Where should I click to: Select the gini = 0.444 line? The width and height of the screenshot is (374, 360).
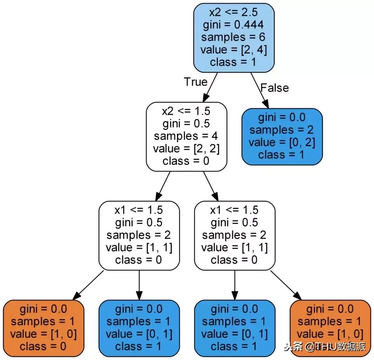[x=234, y=25]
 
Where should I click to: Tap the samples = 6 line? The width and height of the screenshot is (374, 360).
[x=234, y=37]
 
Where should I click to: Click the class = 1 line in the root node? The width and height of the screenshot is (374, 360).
[x=234, y=62]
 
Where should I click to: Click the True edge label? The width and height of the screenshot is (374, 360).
[x=195, y=82]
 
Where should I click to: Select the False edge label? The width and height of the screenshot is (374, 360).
[x=274, y=88]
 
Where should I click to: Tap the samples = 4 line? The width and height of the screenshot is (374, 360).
[x=186, y=136]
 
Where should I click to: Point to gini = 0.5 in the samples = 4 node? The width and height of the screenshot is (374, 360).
[x=186, y=123]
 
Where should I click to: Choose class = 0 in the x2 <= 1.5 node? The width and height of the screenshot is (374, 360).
[x=186, y=161]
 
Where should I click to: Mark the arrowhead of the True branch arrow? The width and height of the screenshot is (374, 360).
[x=207, y=98]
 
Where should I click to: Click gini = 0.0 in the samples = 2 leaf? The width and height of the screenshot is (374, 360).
[x=282, y=117]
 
